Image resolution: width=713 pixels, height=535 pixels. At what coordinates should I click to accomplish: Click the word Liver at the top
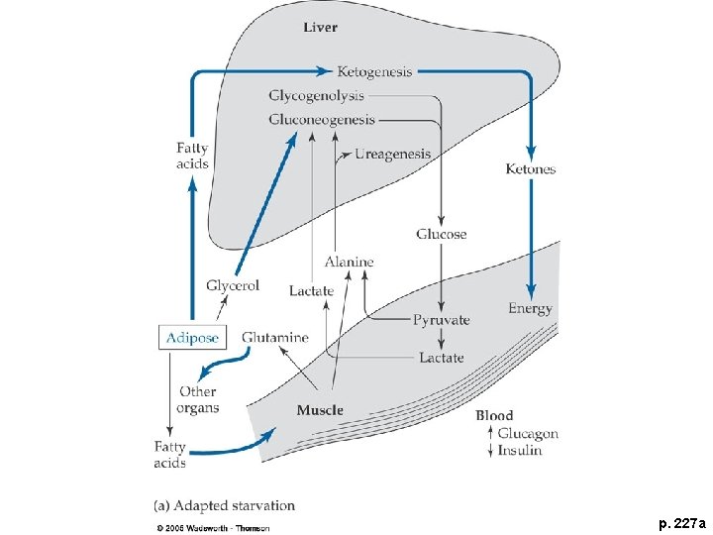[320, 27]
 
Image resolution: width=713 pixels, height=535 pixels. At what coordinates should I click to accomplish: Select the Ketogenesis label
[374, 71]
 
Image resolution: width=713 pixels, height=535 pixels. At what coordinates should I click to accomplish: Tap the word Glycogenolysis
[316, 96]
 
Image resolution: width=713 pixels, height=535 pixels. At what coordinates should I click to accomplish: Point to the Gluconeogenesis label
[322, 120]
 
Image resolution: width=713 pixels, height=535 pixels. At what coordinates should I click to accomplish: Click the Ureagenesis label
[392, 154]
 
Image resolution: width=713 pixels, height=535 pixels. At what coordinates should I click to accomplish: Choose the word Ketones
[531, 169]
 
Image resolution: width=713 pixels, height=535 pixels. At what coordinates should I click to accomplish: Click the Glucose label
[441, 235]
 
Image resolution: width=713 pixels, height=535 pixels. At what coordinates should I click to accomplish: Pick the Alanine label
[349, 263]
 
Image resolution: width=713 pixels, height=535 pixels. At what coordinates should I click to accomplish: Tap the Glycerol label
[233, 285]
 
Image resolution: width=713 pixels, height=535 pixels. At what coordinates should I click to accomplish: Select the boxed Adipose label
[193, 338]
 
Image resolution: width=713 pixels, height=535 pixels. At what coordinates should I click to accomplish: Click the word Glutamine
[274, 338]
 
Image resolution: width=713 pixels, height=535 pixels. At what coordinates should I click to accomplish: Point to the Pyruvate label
[441, 320]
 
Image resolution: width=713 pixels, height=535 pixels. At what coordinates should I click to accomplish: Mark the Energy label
[530, 309]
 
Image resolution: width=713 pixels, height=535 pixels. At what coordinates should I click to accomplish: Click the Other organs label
[197, 399]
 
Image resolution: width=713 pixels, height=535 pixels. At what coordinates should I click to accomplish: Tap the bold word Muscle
[320, 410]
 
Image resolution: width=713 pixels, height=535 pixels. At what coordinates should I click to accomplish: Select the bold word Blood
[494, 416]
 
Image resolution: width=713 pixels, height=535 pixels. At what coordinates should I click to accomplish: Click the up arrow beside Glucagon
[490, 434]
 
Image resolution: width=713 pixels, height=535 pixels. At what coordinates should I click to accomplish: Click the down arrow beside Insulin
[490, 451]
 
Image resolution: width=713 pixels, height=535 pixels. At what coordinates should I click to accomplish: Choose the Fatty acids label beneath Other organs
[169, 455]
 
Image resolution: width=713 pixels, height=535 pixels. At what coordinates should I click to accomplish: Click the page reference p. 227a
[680, 521]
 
